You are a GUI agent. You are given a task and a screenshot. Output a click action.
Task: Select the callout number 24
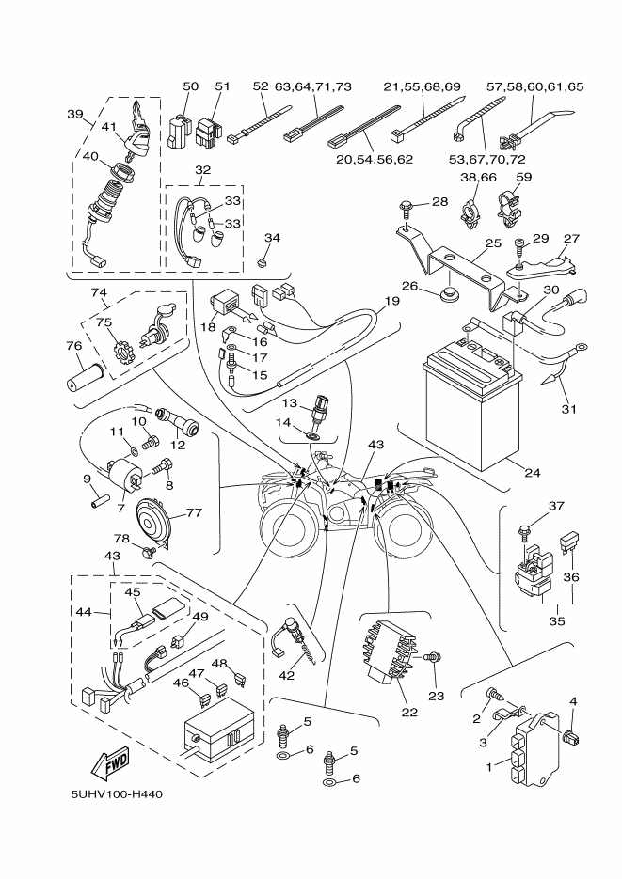532,472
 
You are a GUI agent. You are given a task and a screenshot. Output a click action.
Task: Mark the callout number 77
194,513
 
